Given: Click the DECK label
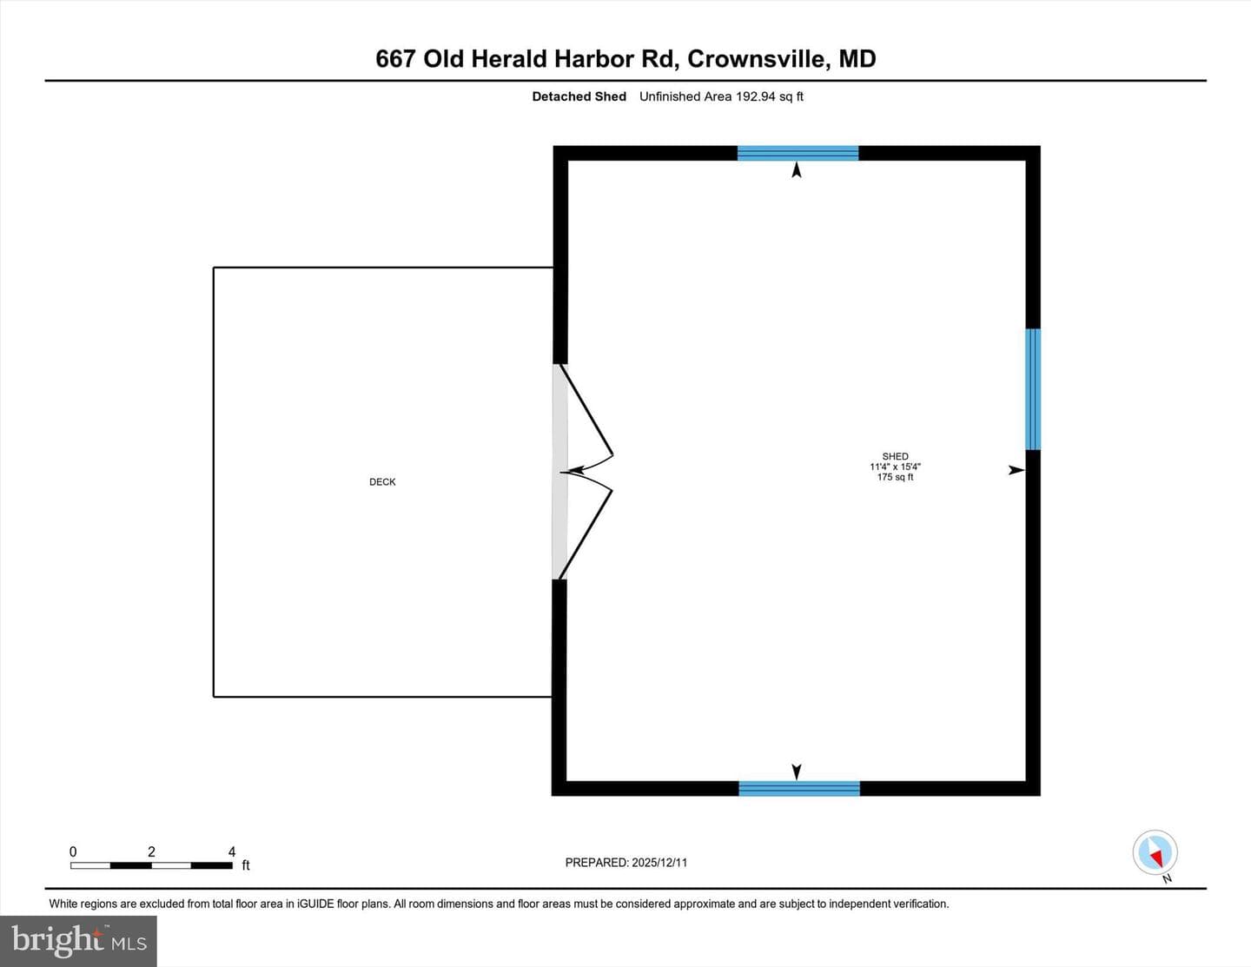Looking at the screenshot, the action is click(x=382, y=482).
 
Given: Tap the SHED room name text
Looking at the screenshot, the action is click(x=895, y=456).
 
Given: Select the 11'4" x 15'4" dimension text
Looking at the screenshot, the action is click(x=895, y=467).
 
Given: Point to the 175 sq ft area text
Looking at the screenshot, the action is click(x=895, y=477).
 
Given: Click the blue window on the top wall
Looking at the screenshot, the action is click(x=798, y=153).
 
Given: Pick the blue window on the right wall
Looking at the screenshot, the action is click(x=1033, y=389).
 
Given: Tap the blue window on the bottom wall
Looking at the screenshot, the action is click(x=799, y=789).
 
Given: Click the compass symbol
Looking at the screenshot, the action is click(x=1155, y=852).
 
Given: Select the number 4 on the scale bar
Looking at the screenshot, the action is click(x=232, y=851).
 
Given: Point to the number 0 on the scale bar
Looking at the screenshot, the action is click(x=73, y=851).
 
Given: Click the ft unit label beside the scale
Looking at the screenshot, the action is click(x=246, y=865).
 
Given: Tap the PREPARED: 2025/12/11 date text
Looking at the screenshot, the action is click(x=626, y=862).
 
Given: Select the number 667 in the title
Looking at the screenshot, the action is click(x=395, y=59).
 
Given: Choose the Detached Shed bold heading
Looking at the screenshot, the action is click(x=579, y=96).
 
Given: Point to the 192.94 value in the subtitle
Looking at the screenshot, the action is click(x=755, y=96).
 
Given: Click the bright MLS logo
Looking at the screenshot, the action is click(x=78, y=941).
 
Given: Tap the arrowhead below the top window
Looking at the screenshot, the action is click(x=797, y=169).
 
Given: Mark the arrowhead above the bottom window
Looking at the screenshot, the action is click(x=797, y=772).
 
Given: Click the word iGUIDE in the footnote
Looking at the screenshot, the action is click(x=315, y=904).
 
